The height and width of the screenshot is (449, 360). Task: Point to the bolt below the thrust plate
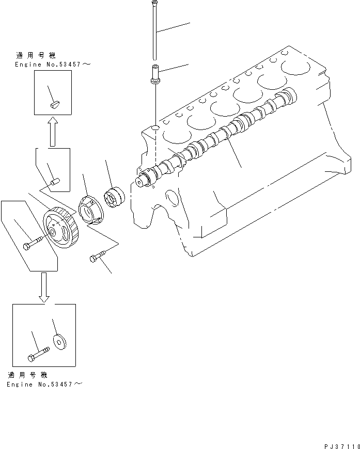[99, 256]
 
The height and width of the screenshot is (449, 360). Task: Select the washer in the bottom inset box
[59, 341]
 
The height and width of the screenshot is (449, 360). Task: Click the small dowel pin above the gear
[56, 181]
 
